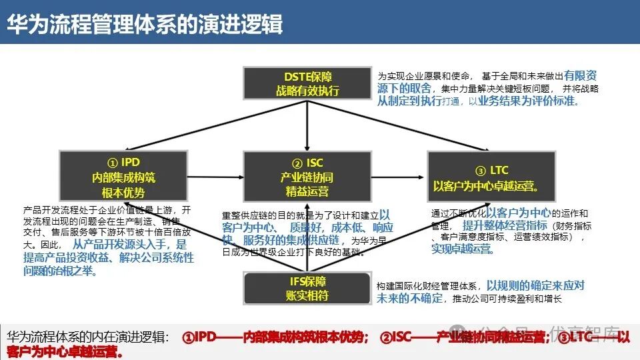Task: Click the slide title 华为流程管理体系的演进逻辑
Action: point(145,24)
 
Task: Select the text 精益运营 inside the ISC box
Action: point(307,192)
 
